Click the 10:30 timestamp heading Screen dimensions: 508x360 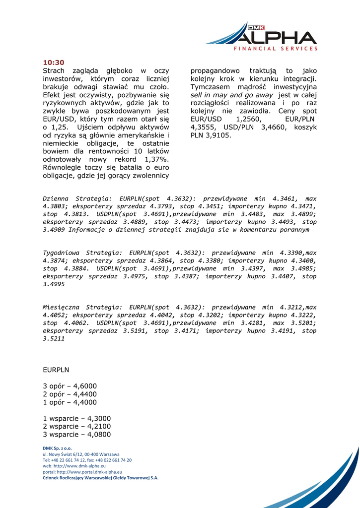[x=54, y=63]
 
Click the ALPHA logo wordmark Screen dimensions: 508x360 [x=276, y=37]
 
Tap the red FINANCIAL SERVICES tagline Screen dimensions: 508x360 [x=276, y=49]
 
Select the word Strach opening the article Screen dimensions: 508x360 [x=54, y=71]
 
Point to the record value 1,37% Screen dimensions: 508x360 [x=156, y=159]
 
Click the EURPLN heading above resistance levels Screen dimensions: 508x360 [x=56, y=370]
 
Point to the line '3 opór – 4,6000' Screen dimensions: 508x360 [x=70, y=386]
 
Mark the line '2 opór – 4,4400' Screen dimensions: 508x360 [x=70, y=394]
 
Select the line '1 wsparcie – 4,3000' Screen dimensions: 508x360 [x=77, y=418]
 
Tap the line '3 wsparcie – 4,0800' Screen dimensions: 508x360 [x=77, y=434]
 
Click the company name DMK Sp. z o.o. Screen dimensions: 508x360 [x=57, y=448]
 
